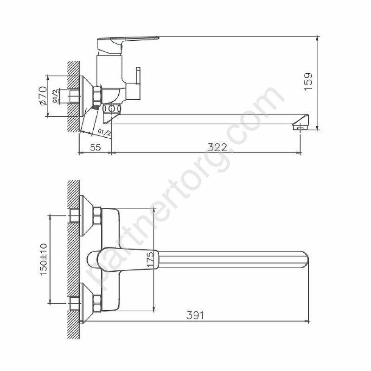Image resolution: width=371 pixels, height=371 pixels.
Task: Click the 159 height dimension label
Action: pyautogui.click(x=308, y=82)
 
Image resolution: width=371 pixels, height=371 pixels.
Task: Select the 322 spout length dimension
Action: pyautogui.click(x=217, y=147)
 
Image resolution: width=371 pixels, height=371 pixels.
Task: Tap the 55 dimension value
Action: pyautogui.click(x=96, y=147)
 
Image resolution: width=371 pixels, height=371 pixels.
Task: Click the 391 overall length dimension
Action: pyautogui.click(x=195, y=315)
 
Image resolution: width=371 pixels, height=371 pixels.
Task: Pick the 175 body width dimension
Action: pyautogui.click(x=151, y=259)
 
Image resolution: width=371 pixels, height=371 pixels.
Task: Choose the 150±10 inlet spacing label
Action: pyautogui.click(x=44, y=260)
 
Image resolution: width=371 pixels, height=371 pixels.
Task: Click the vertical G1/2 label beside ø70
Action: pyautogui.click(x=55, y=96)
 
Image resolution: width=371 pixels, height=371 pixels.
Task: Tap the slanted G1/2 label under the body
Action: pyautogui.click(x=104, y=133)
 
